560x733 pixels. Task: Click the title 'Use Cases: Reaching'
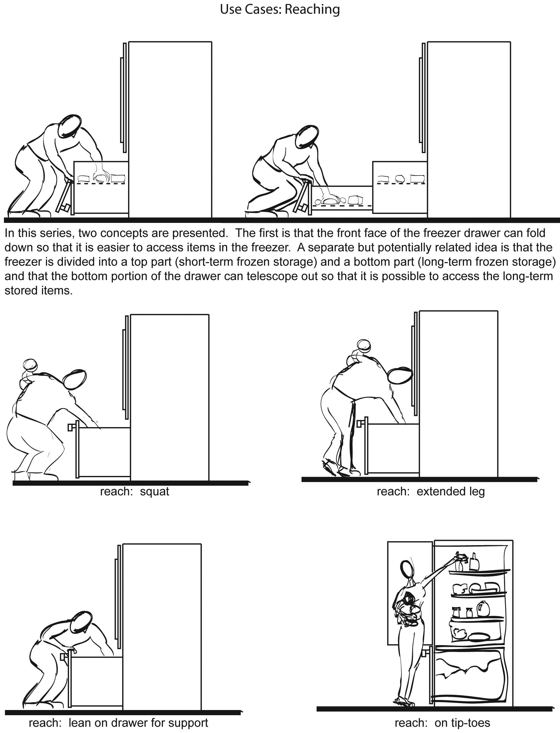click(280, 9)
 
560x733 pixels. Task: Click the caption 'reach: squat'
click(135, 491)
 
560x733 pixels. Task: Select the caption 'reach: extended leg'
click(431, 491)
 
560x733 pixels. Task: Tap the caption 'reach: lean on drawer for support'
click(118, 723)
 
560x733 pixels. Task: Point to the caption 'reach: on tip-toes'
click(442, 723)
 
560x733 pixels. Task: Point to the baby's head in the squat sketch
click(30, 365)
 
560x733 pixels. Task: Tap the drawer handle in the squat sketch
click(71, 427)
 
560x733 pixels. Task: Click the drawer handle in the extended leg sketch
click(360, 424)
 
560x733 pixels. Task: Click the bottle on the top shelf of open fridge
click(474, 562)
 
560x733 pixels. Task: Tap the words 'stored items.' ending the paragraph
click(39, 290)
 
